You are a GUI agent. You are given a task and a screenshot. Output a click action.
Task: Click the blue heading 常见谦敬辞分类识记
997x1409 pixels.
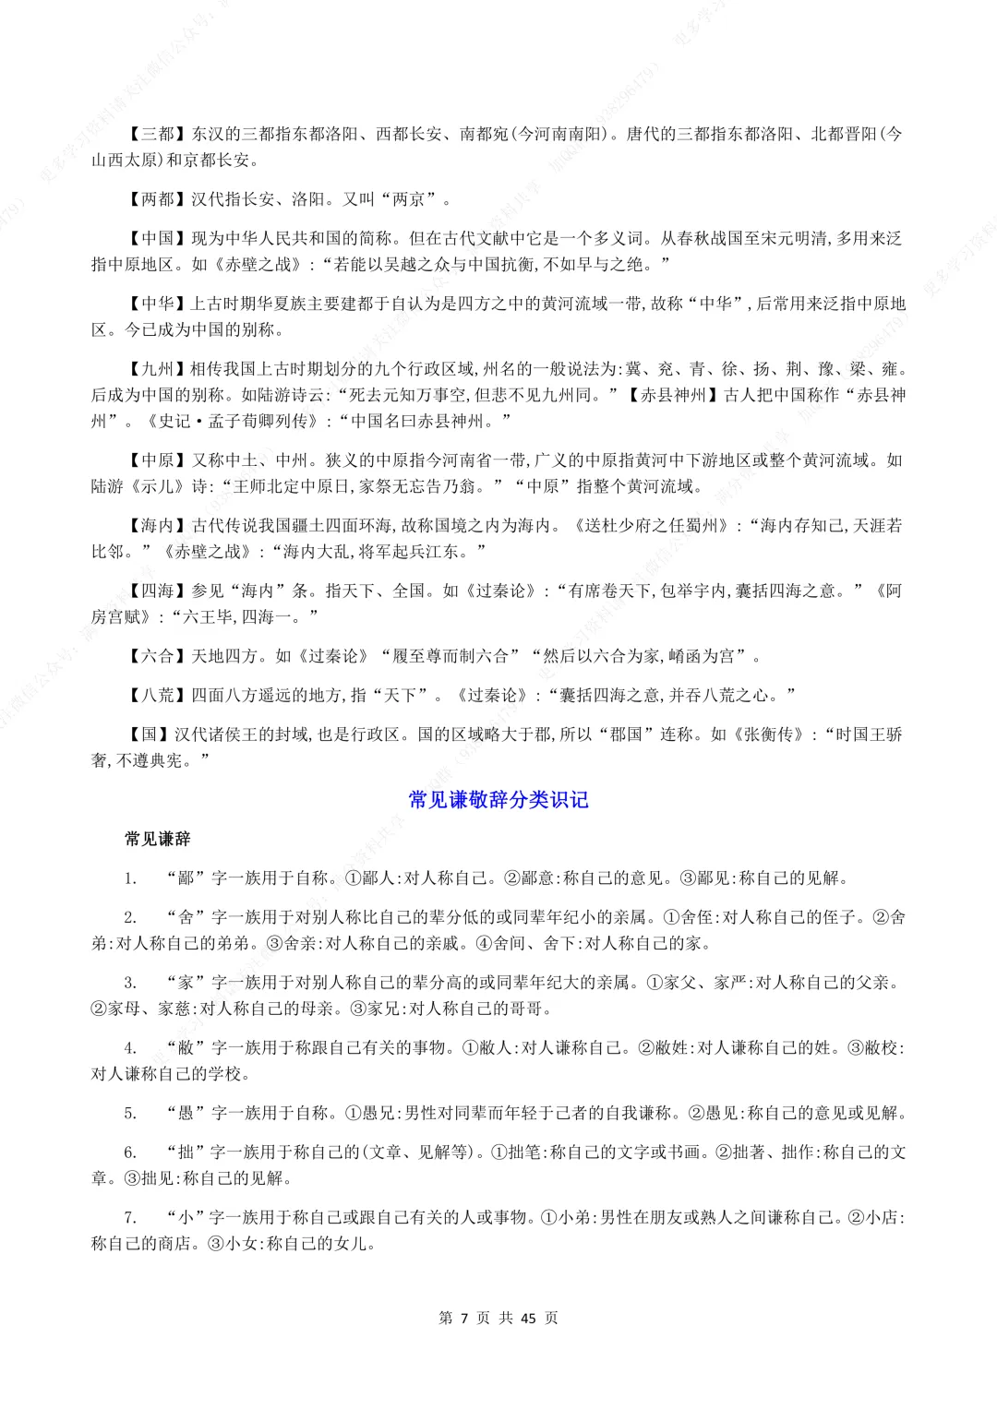498,799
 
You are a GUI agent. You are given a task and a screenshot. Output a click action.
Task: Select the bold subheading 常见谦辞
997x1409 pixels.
158,839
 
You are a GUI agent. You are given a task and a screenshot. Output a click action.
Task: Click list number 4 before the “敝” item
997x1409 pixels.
130,1047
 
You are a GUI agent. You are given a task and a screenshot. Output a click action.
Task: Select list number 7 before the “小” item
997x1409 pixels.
130,1217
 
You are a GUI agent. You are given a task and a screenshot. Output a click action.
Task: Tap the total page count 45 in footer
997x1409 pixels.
528,1318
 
